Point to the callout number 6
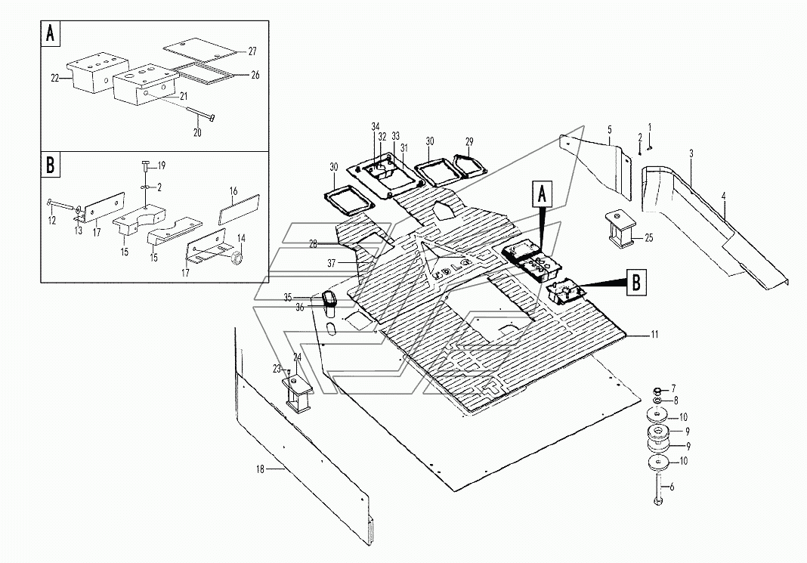click(672, 487)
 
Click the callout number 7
click(673, 387)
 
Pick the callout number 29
click(469, 142)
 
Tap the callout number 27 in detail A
click(253, 51)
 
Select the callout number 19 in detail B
click(161, 165)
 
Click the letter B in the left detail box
click(51, 166)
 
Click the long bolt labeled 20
click(199, 116)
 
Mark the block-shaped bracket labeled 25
click(619, 231)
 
